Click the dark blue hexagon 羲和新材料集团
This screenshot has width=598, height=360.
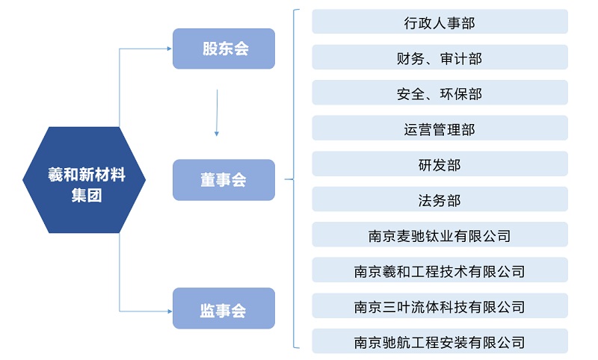click(84, 180)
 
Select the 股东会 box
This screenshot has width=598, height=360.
click(224, 49)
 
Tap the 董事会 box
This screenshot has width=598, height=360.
click(224, 180)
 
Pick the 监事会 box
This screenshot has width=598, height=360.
click(224, 308)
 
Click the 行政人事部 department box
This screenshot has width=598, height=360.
click(440, 22)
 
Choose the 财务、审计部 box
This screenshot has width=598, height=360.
click(440, 58)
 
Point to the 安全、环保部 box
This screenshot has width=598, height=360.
click(440, 93)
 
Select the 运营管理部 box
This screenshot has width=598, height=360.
click(440, 128)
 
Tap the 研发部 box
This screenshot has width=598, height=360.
click(440, 164)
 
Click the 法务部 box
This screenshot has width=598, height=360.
click(440, 199)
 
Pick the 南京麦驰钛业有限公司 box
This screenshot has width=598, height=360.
click(440, 235)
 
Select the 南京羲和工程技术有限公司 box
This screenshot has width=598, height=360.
click(440, 270)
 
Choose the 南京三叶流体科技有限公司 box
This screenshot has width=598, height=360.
click(440, 306)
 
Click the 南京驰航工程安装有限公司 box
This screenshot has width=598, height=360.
click(440, 341)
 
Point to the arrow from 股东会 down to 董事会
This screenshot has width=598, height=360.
click(217, 112)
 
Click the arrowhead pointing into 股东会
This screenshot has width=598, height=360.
click(168, 49)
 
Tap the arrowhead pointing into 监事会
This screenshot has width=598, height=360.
click(168, 309)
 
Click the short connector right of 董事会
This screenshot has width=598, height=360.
click(289, 180)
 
